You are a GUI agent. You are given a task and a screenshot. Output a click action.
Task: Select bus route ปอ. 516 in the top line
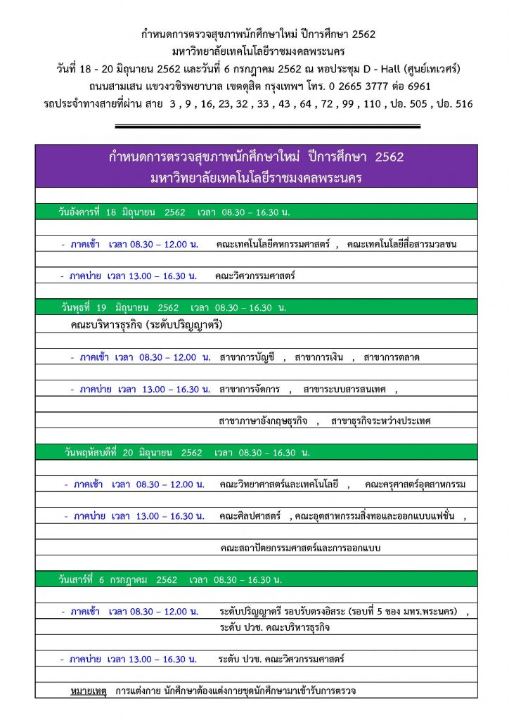pyautogui.click(x=456, y=104)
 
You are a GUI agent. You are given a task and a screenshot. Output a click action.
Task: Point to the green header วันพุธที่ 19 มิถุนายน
pyautogui.click(x=173, y=307)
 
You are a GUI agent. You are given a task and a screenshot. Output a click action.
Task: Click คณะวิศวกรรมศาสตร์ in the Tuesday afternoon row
pyautogui.click(x=256, y=276)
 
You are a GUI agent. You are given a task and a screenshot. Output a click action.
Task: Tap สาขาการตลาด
pyautogui.click(x=392, y=357)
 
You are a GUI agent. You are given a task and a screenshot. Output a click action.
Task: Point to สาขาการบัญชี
pyautogui.click(x=246, y=357)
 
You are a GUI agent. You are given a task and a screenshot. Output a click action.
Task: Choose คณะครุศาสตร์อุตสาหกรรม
pyautogui.click(x=415, y=484)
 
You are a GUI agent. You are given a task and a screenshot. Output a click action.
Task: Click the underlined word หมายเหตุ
pyautogui.click(x=89, y=690)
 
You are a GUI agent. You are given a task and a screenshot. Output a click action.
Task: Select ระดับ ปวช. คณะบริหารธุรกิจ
pyautogui.click(x=275, y=626)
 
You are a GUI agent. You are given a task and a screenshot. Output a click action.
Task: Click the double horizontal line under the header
pyautogui.click(x=267, y=127)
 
